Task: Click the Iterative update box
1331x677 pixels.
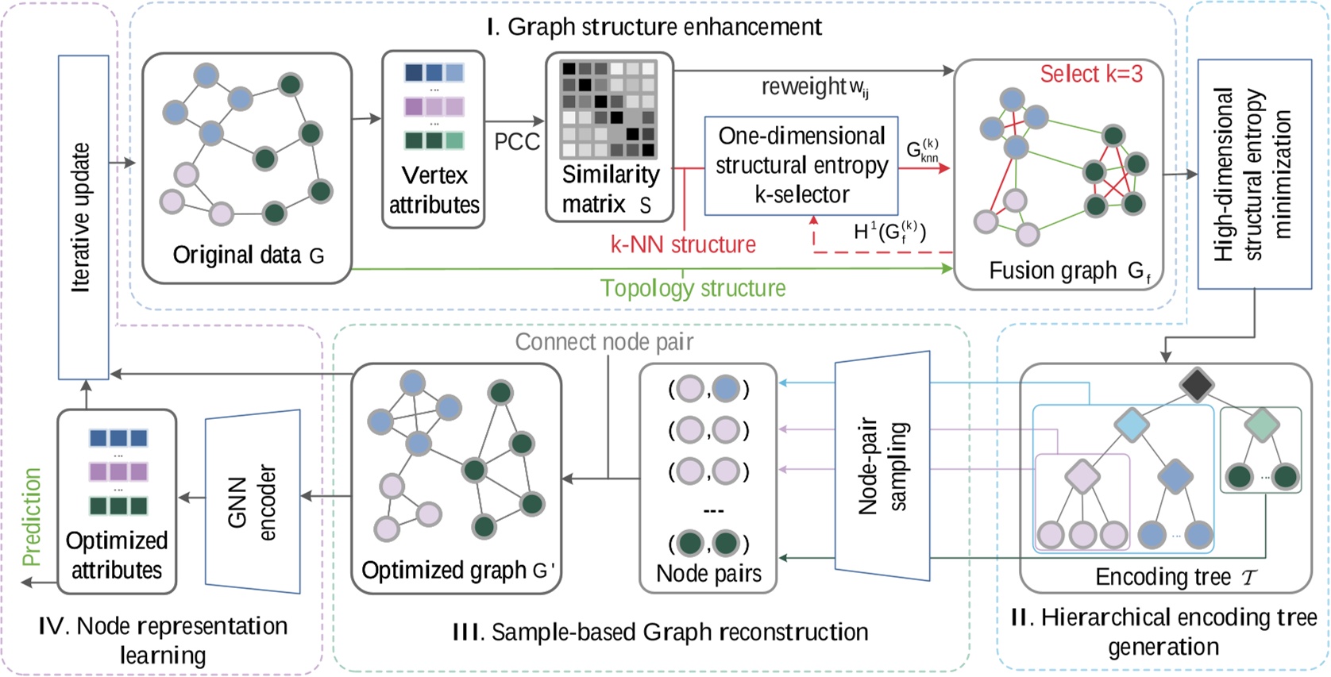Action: (x=83, y=217)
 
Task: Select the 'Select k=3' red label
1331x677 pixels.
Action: (x=1091, y=74)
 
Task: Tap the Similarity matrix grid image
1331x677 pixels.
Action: (x=608, y=109)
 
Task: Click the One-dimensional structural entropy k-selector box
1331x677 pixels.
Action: (x=801, y=165)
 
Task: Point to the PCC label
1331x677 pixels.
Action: (x=517, y=142)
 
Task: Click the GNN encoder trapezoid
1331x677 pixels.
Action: (x=253, y=502)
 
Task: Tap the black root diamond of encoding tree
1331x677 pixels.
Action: (x=1196, y=385)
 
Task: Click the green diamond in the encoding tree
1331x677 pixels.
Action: (x=1261, y=425)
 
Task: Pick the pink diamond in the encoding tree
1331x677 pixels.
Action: (x=1082, y=477)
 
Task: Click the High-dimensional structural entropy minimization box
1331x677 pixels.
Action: (x=1254, y=174)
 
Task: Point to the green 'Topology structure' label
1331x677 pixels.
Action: (x=693, y=288)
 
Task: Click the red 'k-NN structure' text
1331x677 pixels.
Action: (x=683, y=244)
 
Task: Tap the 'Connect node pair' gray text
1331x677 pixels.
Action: (x=604, y=342)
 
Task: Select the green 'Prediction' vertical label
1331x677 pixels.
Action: (x=32, y=517)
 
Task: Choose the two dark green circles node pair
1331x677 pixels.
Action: (x=708, y=544)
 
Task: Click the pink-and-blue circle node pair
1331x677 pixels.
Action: (x=708, y=389)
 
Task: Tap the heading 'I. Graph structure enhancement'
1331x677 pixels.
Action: (x=654, y=27)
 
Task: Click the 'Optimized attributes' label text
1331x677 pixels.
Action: (x=117, y=555)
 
